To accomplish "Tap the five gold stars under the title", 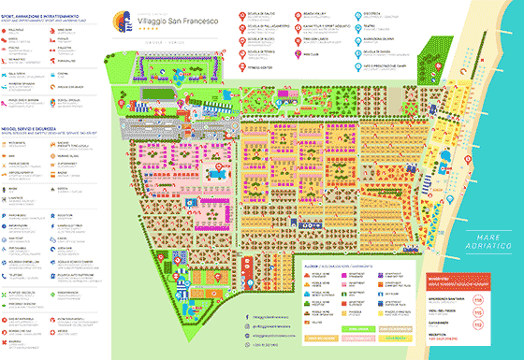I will pos(175,32).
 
